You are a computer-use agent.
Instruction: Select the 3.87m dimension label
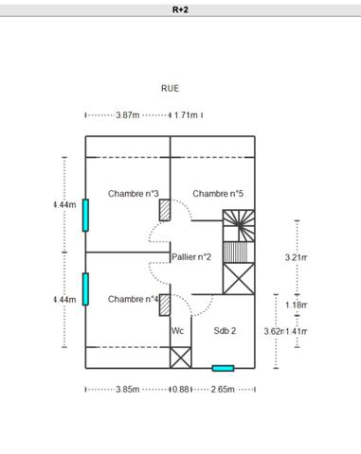click(128, 115)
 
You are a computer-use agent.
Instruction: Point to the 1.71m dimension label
click(186, 115)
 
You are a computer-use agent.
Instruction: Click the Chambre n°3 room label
click(133, 194)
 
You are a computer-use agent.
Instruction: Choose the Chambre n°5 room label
click(218, 194)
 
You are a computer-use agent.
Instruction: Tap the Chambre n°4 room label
click(133, 299)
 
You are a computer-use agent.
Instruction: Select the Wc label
click(177, 331)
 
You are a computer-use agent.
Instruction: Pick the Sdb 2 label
click(225, 331)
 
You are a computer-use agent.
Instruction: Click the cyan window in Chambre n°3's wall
click(85, 215)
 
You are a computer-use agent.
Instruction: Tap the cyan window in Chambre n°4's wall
click(85, 288)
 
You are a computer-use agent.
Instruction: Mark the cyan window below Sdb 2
click(223, 368)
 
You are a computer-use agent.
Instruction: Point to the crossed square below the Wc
click(180, 357)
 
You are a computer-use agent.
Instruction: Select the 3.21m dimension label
click(297, 257)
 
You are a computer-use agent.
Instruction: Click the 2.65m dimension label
click(223, 389)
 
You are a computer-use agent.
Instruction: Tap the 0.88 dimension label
click(180, 389)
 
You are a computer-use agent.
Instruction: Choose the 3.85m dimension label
click(127, 389)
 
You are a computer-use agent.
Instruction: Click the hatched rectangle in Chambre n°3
click(165, 209)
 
